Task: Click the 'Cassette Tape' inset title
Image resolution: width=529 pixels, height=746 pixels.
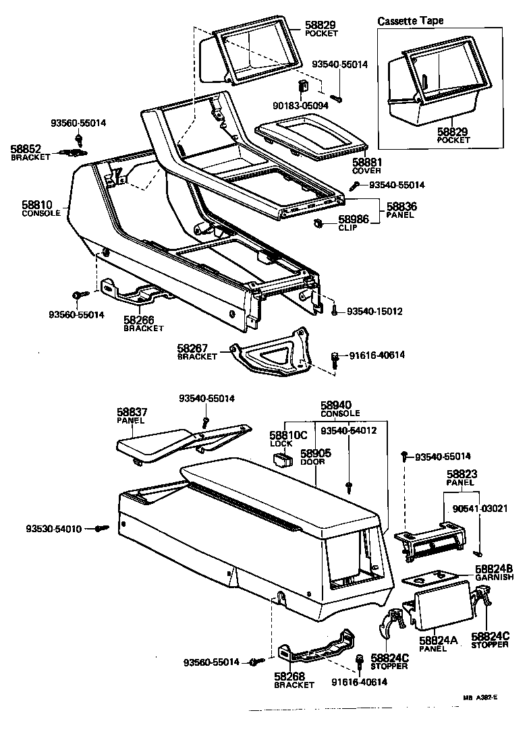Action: click(x=410, y=21)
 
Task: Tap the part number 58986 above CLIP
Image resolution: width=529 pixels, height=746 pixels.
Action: click(x=353, y=220)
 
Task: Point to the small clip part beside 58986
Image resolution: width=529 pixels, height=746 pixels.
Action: click(x=318, y=223)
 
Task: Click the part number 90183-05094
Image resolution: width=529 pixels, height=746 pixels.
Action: click(x=302, y=105)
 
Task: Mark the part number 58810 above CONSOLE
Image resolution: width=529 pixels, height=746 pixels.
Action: click(x=38, y=204)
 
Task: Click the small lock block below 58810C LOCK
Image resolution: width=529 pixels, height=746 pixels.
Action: click(x=281, y=460)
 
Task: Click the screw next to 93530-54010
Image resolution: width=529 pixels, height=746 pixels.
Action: click(x=102, y=529)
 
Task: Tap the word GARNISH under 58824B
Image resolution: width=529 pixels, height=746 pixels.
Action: click(x=494, y=578)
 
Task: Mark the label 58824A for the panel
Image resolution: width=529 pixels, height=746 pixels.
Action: click(x=438, y=641)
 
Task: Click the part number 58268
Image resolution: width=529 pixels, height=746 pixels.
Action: click(x=290, y=676)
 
